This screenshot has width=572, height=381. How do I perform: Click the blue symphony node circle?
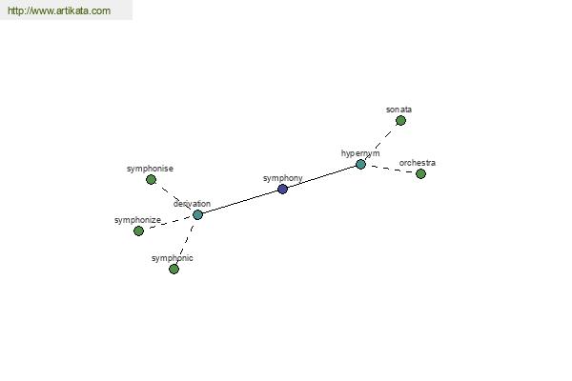[282, 189]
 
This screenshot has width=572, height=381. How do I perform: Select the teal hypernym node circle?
[360, 165]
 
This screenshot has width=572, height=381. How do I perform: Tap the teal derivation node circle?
[197, 214]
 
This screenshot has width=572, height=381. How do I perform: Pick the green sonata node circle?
[400, 120]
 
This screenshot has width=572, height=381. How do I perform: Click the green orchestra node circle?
[420, 173]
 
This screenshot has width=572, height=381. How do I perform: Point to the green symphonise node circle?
[151, 179]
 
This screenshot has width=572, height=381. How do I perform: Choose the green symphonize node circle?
[138, 231]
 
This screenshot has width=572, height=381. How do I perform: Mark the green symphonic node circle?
[174, 269]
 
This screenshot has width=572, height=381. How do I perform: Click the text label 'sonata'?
[398, 110]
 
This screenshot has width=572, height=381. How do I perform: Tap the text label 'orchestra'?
[418, 163]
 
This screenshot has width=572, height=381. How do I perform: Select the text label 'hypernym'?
[360, 153]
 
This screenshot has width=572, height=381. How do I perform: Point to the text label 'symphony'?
[283, 178]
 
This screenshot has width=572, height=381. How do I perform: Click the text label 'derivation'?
[192, 204]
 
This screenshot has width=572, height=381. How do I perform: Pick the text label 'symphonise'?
[150, 169]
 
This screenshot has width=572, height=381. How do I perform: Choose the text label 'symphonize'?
[137, 220]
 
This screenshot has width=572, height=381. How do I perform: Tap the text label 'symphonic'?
[173, 258]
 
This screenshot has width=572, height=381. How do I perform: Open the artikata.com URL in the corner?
[59, 10]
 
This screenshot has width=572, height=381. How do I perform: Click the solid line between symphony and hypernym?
[321, 177]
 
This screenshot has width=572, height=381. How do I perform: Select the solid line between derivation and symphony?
[240, 202]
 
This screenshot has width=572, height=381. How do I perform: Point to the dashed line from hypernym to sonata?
[380, 142]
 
